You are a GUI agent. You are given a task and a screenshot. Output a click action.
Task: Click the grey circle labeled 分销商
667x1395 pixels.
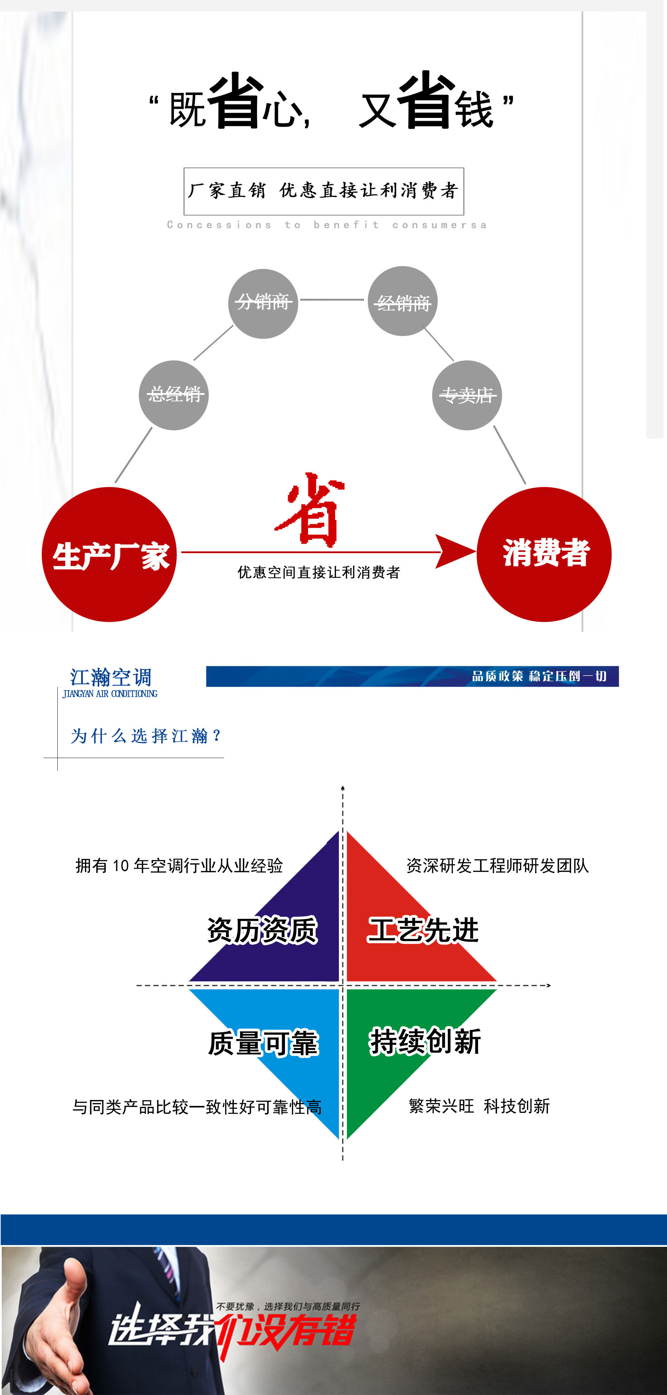point(263,303)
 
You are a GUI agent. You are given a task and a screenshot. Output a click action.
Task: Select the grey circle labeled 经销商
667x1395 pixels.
point(403,302)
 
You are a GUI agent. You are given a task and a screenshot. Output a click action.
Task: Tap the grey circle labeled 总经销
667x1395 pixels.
point(174,395)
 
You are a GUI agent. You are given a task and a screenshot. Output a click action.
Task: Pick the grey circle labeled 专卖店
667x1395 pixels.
point(467,395)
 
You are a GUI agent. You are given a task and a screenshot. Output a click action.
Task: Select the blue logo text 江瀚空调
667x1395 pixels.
point(111,677)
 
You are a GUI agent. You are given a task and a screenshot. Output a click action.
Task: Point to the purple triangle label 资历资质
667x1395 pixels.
point(262,930)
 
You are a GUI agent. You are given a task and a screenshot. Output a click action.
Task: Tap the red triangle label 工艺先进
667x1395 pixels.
point(423,930)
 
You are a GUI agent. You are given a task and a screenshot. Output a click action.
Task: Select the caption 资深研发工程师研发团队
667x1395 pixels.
point(498,866)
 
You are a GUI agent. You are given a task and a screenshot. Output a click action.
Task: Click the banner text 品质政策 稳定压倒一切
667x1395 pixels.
point(539,676)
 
